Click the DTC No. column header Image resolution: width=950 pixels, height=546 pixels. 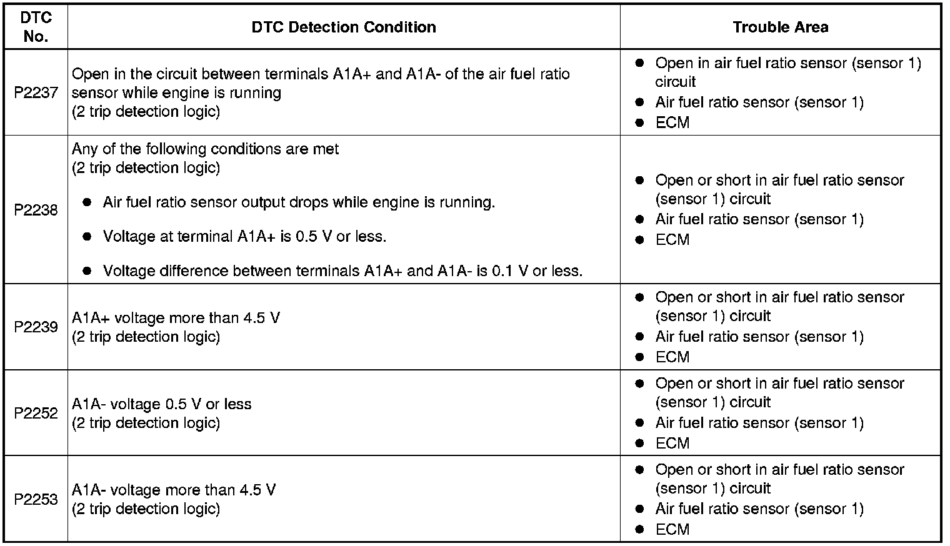36,27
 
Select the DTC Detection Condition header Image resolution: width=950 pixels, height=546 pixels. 344,27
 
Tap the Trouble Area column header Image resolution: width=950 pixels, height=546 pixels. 780,27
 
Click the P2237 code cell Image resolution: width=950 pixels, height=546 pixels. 36,92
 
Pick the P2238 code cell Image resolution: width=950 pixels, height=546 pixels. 36,210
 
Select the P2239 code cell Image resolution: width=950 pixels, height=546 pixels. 36,327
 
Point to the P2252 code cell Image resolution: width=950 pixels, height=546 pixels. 36,413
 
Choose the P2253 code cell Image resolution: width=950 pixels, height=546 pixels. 36,499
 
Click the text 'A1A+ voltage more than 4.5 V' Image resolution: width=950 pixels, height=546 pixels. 176,318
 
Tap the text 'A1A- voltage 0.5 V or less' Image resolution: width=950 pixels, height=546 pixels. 161,404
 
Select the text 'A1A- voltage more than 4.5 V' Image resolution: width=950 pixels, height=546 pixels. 174,490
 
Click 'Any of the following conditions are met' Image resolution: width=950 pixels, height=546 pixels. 205,149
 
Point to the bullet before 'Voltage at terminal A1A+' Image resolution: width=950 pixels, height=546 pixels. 88,237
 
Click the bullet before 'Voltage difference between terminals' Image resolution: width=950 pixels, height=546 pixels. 88,271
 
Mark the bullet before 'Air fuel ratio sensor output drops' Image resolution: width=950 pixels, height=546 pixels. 88,202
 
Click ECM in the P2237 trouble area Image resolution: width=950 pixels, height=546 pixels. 672,123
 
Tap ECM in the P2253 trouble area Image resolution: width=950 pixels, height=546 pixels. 672,530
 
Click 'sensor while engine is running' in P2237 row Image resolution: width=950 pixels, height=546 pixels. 176,93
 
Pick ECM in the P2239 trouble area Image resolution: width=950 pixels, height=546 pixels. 672,357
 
